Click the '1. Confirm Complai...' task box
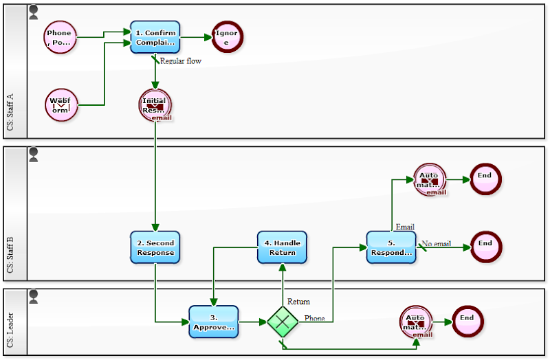coord(155,37)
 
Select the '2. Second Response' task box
coord(155,247)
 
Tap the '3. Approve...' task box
coord(214,322)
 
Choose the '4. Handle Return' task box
coord(283,247)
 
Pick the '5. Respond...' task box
coord(391,247)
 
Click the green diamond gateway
coord(283,322)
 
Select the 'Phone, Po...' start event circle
coord(60,37)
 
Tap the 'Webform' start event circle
coord(60,104)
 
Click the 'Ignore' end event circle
coord(227,37)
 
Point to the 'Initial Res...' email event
coord(155,105)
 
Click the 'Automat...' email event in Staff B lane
coord(430,180)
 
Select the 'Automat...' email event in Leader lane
coord(416,322)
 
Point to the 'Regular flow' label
coord(180,61)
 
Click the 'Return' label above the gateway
coord(298,302)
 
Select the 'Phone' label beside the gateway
coord(315,318)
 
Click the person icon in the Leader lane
coord(34,296)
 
